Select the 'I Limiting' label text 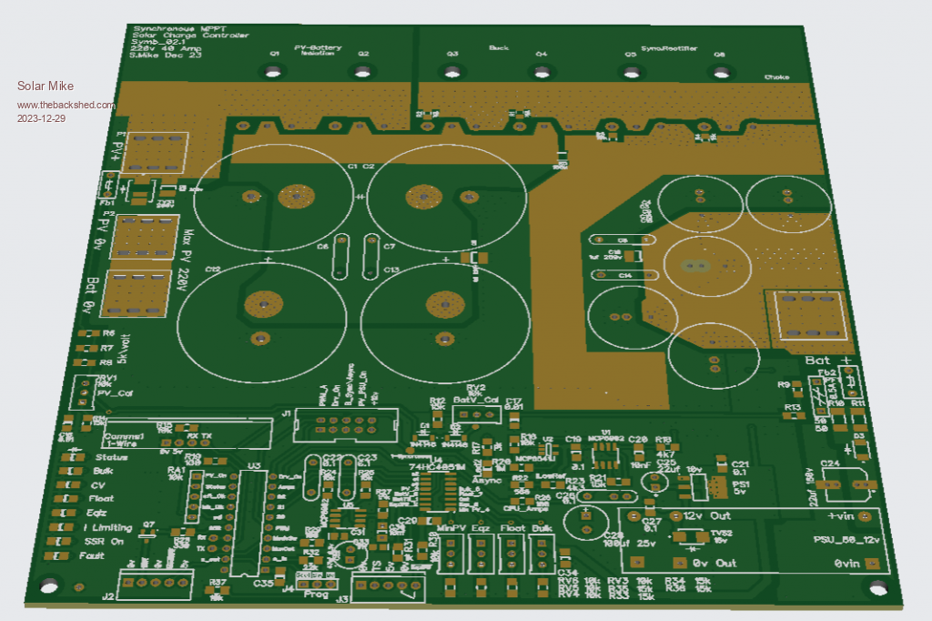[x=107, y=527]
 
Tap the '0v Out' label [x=714, y=563]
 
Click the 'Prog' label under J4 [x=315, y=595]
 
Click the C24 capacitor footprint [x=846, y=482]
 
